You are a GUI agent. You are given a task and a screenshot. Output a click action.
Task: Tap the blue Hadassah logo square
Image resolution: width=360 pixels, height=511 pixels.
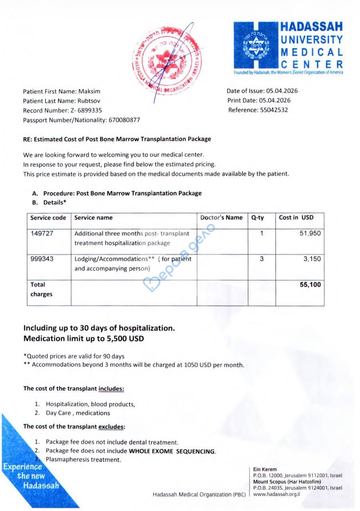pyautogui.click(x=255, y=45)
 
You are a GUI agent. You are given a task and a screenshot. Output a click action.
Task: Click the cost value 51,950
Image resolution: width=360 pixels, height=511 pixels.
pyautogui.click(x=310, y=234)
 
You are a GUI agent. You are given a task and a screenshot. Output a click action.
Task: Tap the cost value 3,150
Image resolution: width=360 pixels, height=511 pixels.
pyautogui.click(x=312, y=259)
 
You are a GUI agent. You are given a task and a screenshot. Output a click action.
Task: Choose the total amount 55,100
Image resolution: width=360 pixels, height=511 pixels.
pyautogui.click(x=310, y=285)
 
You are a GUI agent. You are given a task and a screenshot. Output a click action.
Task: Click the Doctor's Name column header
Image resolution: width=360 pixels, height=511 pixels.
pyautogui.click(x=221, y=218)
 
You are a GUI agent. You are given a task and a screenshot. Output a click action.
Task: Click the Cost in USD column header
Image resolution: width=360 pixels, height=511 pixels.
pyautogui.click(x=296, y=218)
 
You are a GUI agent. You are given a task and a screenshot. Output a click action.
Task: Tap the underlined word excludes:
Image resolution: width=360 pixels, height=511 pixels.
pyautogui.click(x=111, y=426)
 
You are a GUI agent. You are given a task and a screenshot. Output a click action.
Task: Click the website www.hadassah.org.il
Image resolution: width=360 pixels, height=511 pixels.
pyautogui.click(x=276, y=494)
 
